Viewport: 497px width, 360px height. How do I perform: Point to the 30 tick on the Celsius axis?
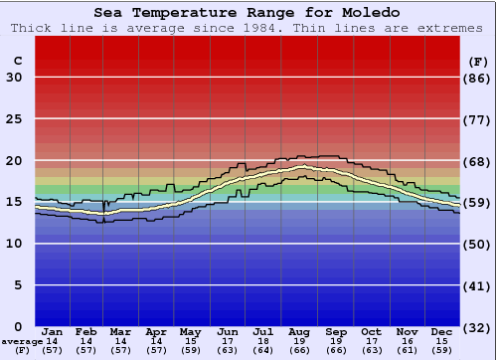click(14, 78)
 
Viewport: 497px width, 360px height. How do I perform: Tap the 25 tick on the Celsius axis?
click(14, 119)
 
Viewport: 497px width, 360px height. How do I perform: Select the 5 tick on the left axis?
click(18, 285)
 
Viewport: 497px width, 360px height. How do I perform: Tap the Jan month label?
click(53, 331)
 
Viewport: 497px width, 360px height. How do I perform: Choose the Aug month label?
click(301, 331)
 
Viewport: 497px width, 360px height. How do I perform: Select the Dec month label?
click(442, 331)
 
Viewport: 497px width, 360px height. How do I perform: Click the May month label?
click(189, 331)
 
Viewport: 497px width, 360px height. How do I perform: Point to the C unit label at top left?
click(17, 61)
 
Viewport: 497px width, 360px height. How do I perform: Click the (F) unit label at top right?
click(477, 61)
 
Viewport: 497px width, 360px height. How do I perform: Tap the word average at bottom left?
click(23, 341)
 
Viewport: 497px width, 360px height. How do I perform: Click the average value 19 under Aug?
click(301, 341)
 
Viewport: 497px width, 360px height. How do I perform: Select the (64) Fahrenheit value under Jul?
click(263, 350)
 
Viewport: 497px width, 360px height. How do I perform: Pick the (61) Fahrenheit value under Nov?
click(407, 350)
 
